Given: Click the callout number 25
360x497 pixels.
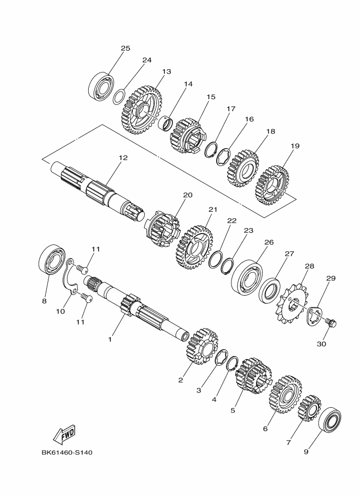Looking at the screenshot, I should (125, 48).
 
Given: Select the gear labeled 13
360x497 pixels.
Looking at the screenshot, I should (142, 109).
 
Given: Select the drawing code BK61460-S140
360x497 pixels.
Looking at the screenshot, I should (70, 452).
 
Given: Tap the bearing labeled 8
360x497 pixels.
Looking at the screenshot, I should (52, 261).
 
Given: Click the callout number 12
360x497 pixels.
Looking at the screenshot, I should (123, 158).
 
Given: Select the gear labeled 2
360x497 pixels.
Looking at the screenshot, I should (201, 346).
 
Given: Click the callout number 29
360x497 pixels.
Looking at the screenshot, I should (331, 279).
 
